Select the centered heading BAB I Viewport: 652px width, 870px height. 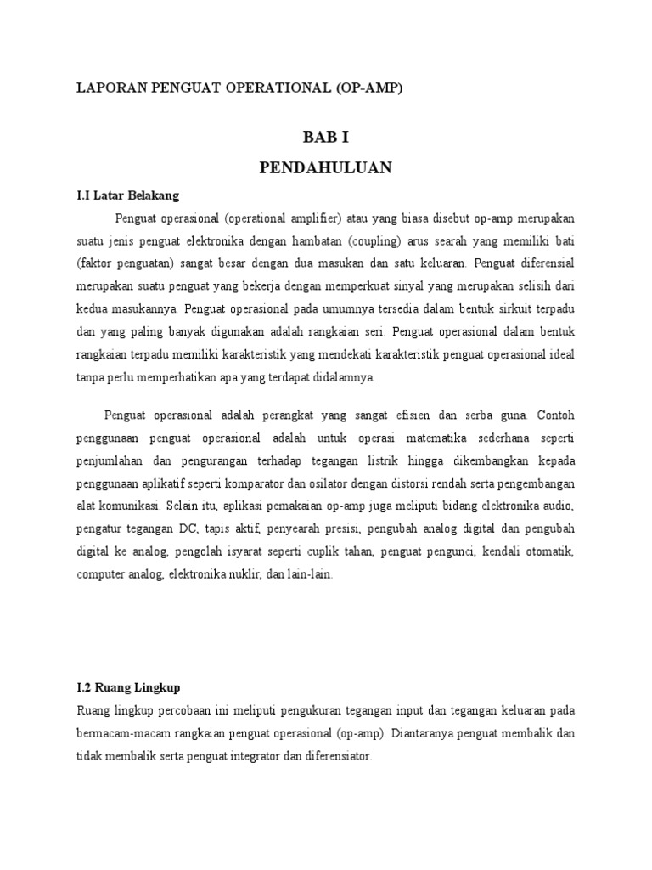tap(325, 136)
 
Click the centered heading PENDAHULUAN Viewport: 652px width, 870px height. tap(325, 168)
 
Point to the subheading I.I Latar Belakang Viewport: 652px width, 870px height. tap(127, 195)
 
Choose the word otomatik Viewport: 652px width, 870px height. tap(548, 552)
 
